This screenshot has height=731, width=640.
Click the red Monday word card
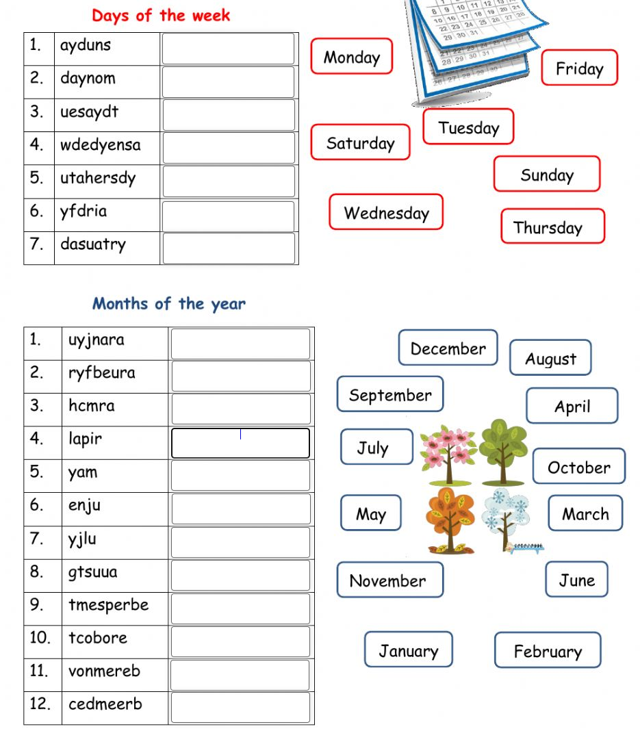352,57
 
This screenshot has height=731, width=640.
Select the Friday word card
579,68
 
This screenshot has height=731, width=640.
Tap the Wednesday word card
386,212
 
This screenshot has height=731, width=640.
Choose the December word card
448,348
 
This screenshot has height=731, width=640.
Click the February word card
547,650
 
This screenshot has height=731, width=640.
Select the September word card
390,394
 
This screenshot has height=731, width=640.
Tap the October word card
578,467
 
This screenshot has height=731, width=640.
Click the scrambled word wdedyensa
100,145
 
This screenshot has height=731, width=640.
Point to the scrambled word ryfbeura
101,373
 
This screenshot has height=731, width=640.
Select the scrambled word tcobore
97,638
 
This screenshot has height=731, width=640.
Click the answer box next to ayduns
228,49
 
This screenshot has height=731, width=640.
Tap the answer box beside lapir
240,443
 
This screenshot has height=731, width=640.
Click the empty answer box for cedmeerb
240,708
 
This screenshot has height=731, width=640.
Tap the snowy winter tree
507,519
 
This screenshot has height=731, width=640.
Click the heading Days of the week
161,15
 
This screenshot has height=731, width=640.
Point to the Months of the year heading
168,303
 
